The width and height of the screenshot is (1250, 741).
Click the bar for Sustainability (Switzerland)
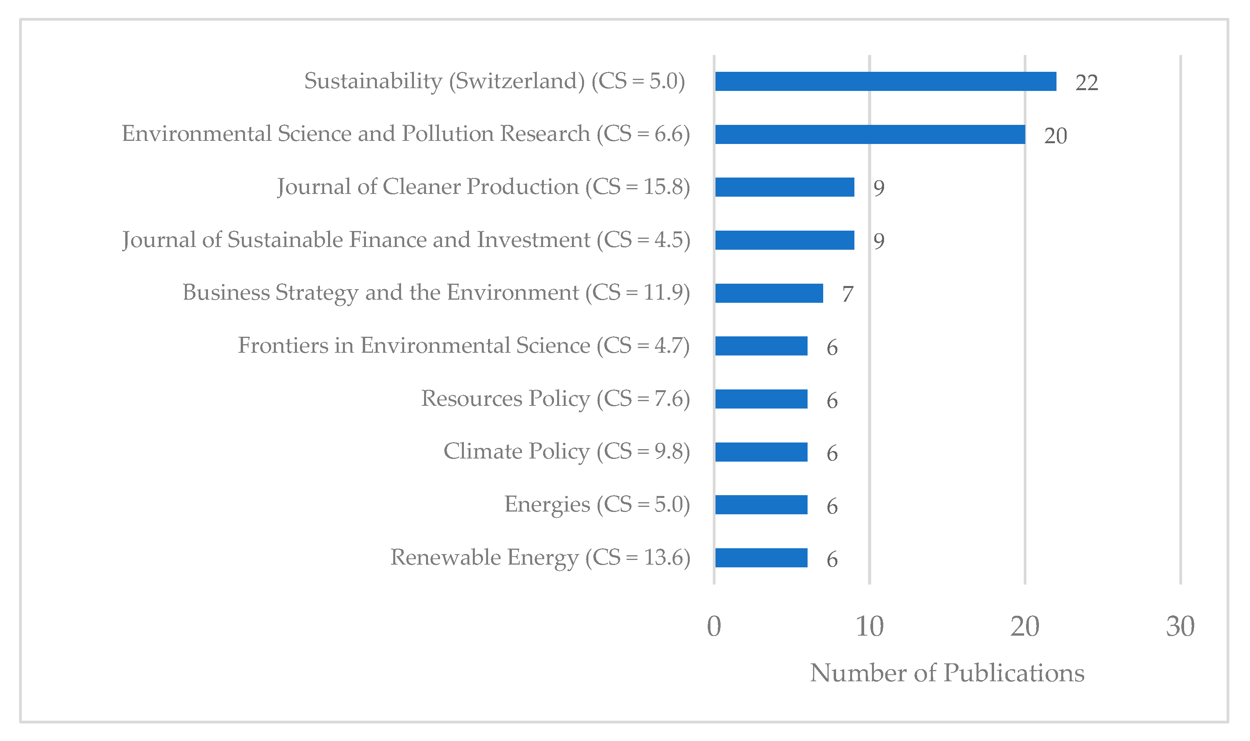click(x=885, y=82)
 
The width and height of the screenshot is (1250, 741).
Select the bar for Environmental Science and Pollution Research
click(x=870, y=134)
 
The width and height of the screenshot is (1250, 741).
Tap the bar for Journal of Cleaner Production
click(x=784, y=187)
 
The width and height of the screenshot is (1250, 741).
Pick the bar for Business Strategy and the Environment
click(x=769, y=293)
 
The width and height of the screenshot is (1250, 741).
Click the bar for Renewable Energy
click(x=761, y=558)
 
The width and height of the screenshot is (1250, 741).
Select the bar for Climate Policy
click(x=761, y=452)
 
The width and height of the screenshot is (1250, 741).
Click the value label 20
click(x=1055, y=136)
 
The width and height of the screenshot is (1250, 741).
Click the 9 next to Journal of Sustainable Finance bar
click(x=879, y=241)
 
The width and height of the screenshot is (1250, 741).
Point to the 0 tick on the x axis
click(x=714, y=627)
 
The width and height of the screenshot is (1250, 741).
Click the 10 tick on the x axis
click(x=870, y=627)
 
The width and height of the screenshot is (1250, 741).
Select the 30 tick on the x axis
click(x=1180, y=627)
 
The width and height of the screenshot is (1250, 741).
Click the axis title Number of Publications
click(x=947, y=673)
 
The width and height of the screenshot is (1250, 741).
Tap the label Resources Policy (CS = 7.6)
click(x=555, y=399)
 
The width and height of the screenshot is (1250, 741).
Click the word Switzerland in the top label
click(x=520, y=81)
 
